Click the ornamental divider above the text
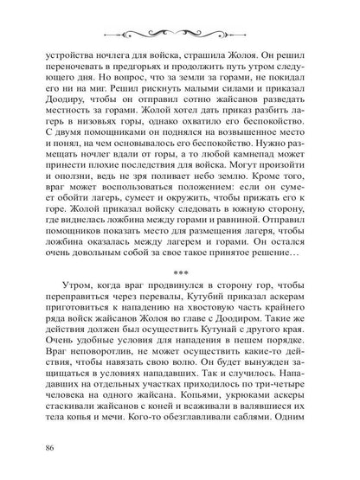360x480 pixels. click(x=180, y=23)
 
